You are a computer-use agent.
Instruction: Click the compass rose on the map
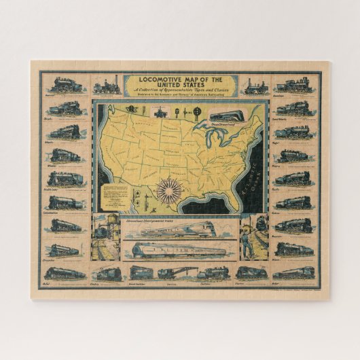166,190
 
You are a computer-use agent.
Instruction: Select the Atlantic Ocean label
255,173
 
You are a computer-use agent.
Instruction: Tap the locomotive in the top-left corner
65,86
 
